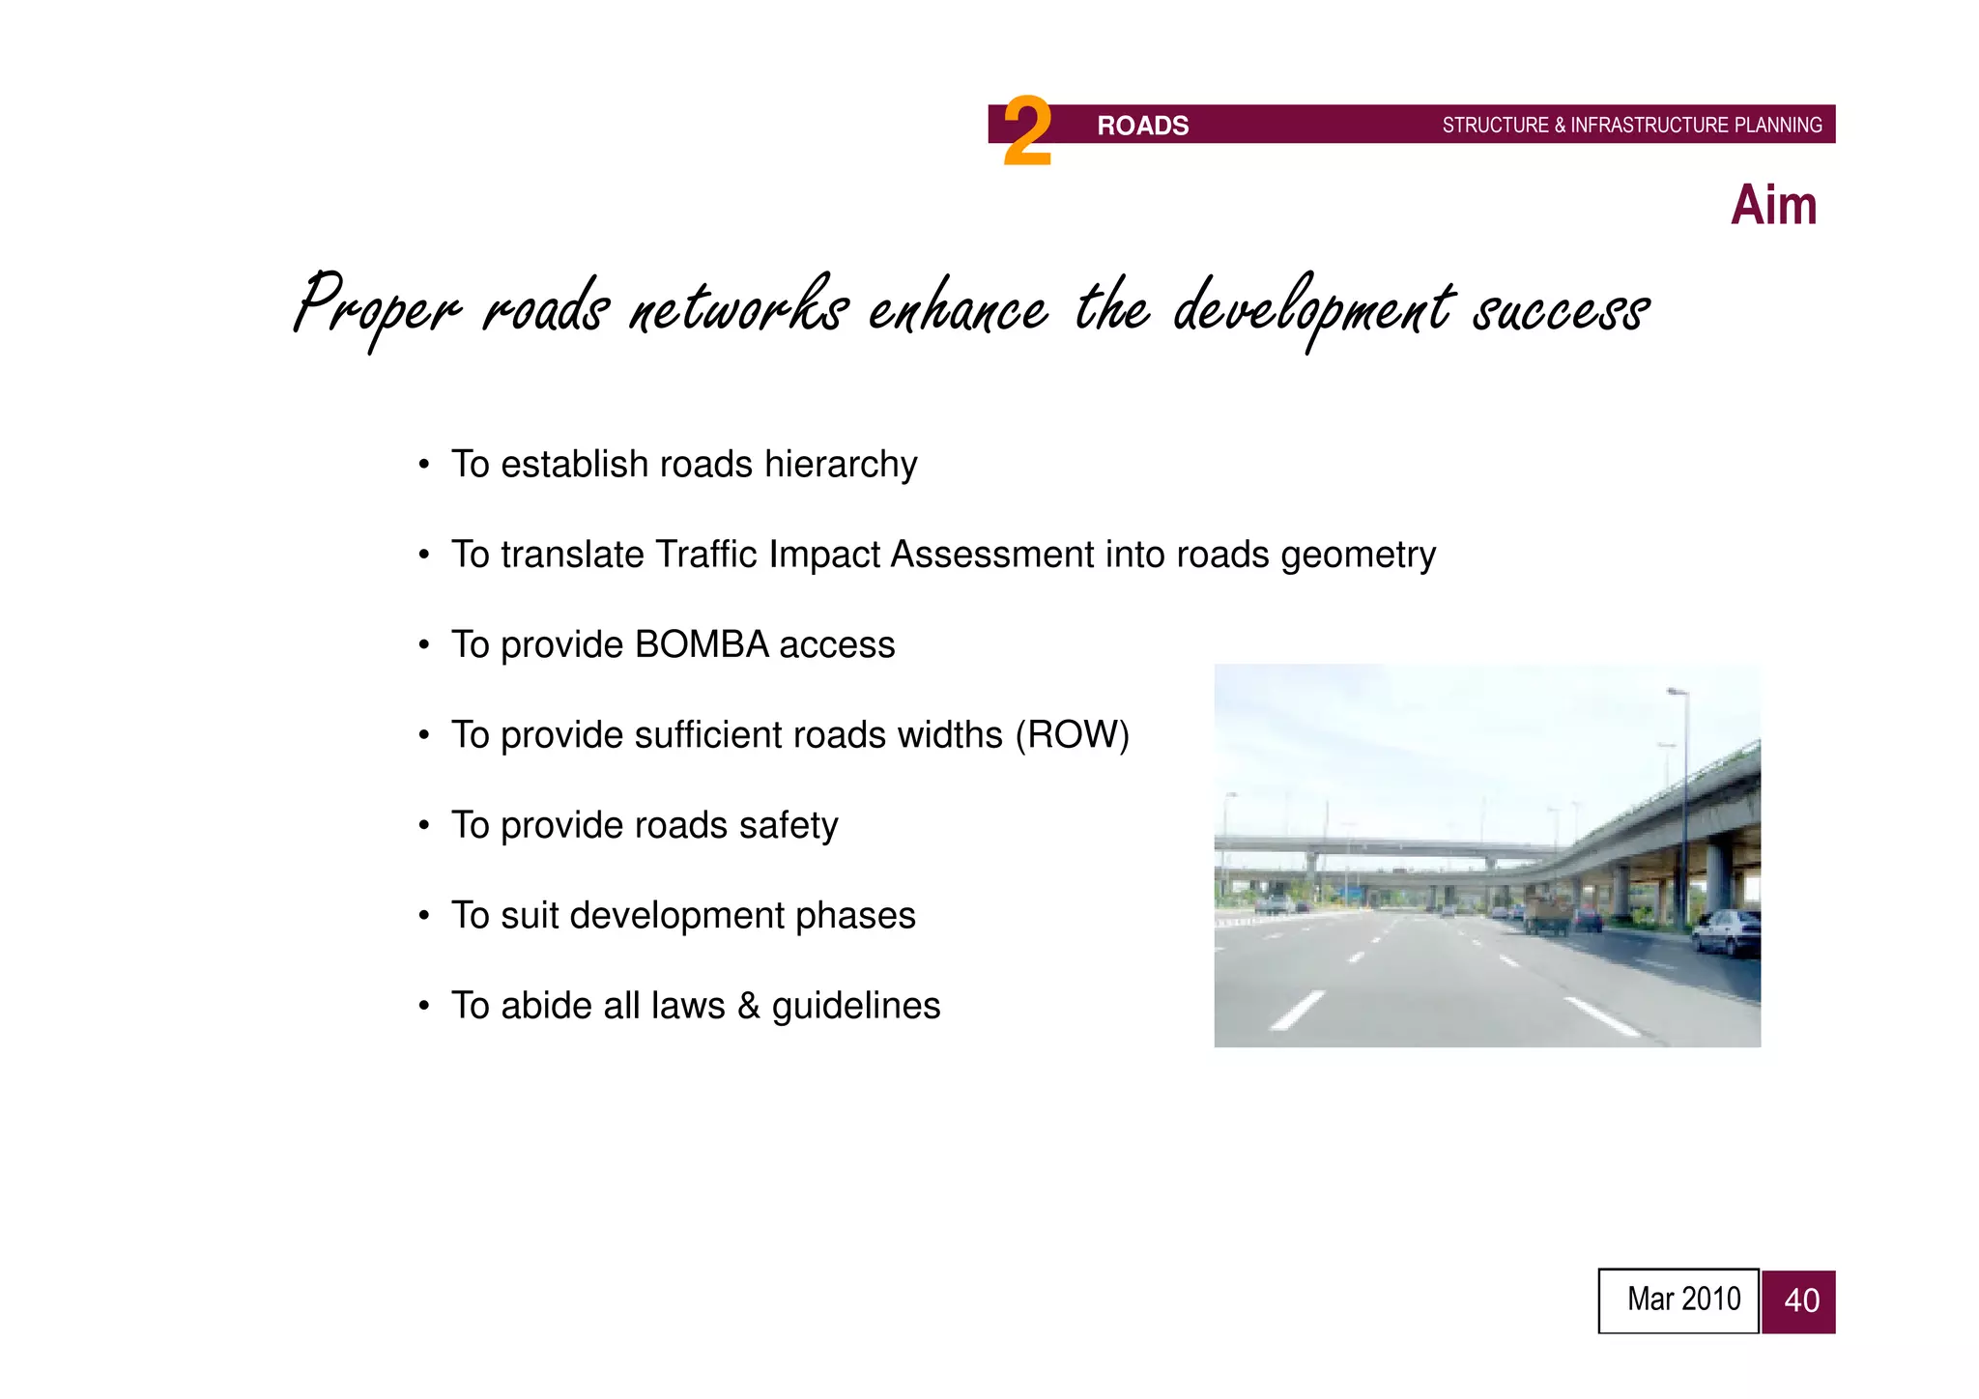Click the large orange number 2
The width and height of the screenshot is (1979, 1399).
pyautogui.click(x=1026, y=132)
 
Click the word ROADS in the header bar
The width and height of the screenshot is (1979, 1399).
pyautogui.click(x=1142, y=126)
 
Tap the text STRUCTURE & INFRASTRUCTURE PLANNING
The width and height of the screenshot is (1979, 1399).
pyautogui.click(x=1631, y=126)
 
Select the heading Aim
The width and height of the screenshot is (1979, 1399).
pyautogui.click(x=1773, y=205)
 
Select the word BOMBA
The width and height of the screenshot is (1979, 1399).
pyautogui.click(x=702, y=644)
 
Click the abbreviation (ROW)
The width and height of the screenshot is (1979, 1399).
pyautogui.click(x=1072, y=735)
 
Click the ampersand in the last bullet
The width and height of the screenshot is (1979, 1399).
pyautogui.click(x=748, y=1006)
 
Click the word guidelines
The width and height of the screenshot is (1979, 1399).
pyautogui.click(x=855, y=1006)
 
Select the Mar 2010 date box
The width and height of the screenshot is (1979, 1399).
pyautogui.click(x=1678, y=1300)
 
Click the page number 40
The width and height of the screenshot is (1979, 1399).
pyautogui.click(x=1800, y=1300)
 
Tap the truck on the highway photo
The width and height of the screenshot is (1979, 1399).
pyautogui.click(x=1548, y=913)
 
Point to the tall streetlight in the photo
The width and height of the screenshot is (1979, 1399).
pyautogui.click(x=1684, y=802)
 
